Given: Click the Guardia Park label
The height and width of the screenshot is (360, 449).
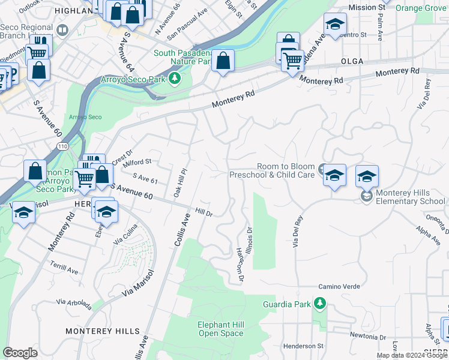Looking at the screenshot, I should pos(287,304).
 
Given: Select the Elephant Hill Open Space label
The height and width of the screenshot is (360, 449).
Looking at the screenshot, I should pos(221,329).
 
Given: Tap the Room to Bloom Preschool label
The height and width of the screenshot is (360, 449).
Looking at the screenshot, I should pos(272,171).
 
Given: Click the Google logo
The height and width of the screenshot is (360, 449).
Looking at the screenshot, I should pos(20,353).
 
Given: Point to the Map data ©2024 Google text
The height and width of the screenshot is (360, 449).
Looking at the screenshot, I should pos(411,355).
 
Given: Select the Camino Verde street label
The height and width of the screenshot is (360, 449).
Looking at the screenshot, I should pos(339,287).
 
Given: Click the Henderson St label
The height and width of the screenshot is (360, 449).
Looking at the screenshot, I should pos(303,346).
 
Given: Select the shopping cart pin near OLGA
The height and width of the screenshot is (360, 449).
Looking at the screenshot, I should pos(292,60).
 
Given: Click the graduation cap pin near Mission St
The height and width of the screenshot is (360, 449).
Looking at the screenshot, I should pos(335,24).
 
